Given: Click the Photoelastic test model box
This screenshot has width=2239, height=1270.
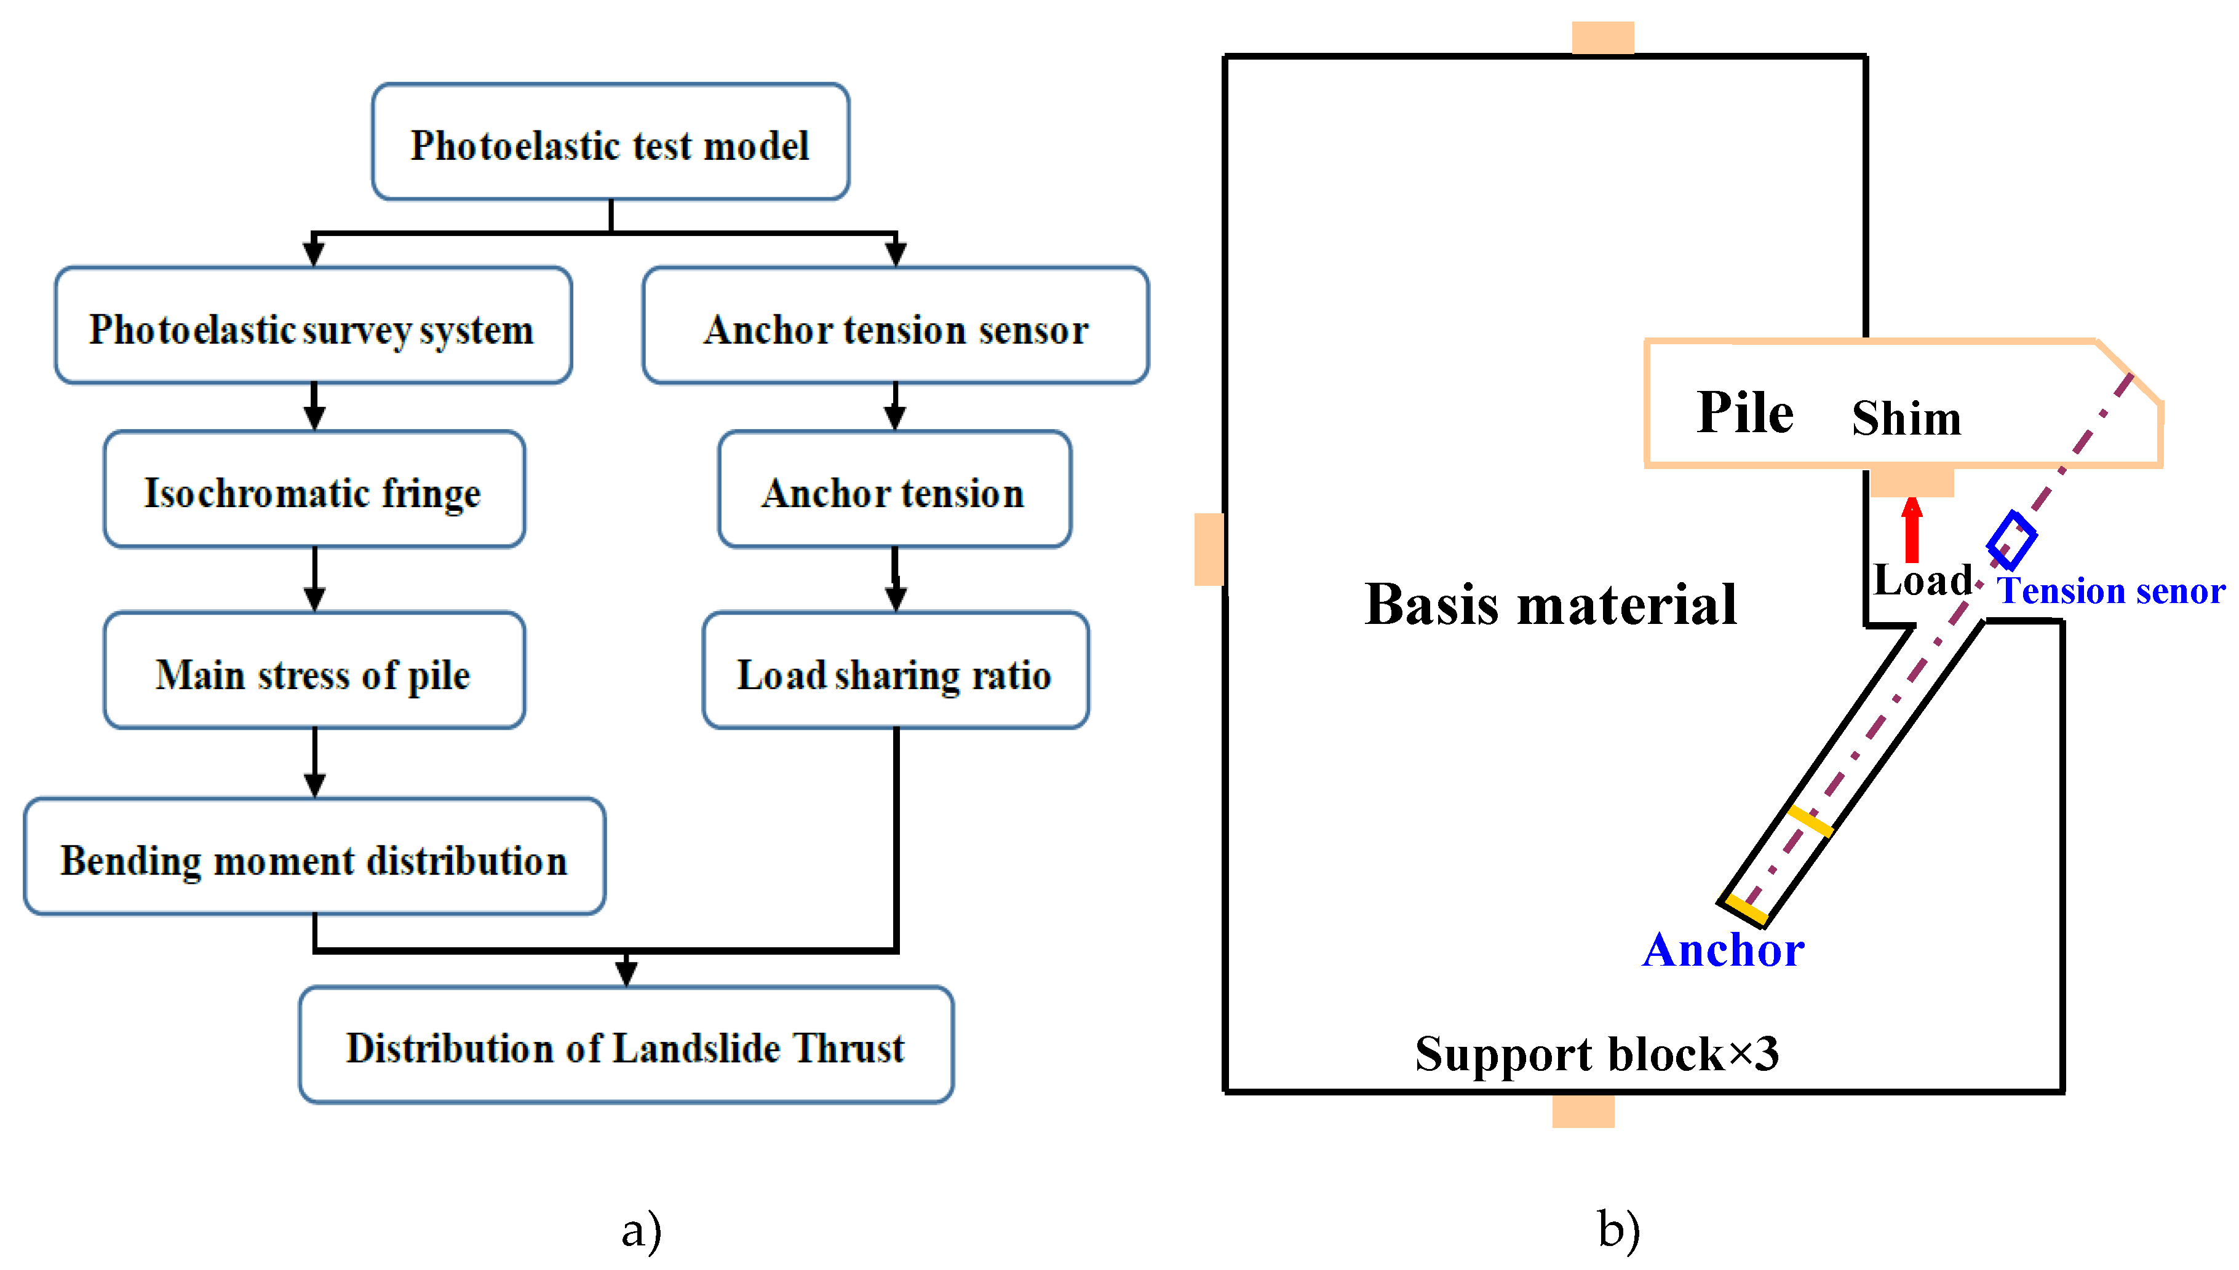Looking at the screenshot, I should pyautogui.click(x=610, y=142).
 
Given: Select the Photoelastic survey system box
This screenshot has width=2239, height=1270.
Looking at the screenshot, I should pyautogui.click(x=312, y=325).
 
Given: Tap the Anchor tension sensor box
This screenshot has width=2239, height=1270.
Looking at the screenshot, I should pyautogui.click(x=895, y=325).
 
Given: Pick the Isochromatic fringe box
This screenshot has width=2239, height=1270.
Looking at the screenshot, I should pyautogui.click(x=313, y=489).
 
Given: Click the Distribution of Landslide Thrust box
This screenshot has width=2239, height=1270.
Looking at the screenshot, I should pyautogui.click(x=626, y=1045).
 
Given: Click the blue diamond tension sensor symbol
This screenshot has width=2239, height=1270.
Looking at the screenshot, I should pyautogui.click(x=2011, y=540).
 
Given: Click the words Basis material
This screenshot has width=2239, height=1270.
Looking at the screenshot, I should pyautogui.click(x=1551, y=604).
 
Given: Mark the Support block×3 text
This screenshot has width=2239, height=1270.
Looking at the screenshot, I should pyautogui.click(x=1596, y=1054).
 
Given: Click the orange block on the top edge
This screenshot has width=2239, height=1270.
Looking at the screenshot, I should pyautogui.click(x=1602, y=38).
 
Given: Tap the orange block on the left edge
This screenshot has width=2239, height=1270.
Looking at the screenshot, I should pyautogui.click(x=1209, y=549).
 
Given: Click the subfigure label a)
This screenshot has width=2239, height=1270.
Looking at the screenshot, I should pyautogui.click(x=642, y=1230).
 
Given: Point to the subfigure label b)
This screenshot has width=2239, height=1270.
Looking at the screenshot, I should pyautogui.click(x=1618, y=1230).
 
